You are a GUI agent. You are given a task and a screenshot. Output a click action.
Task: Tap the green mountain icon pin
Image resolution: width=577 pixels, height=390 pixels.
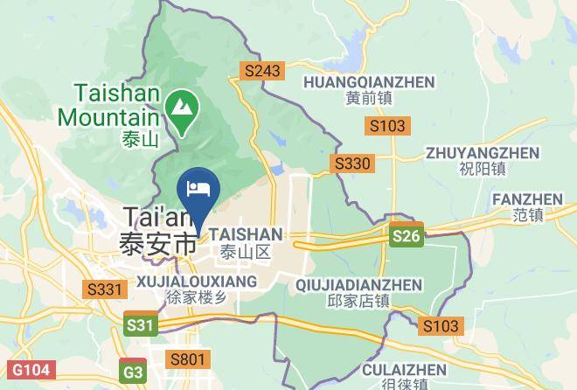pyautogui.click(x=182, y=111)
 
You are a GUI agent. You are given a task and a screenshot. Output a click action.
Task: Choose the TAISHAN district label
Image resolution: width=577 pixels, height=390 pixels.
pyautogui.click(x=247, y=234)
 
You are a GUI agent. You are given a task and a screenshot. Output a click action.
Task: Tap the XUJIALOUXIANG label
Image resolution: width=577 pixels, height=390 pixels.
pyautogui.click(x=198, y=281)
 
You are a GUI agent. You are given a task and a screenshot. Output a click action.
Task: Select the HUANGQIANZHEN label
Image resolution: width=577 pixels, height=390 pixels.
pyautogui.click(x=368, y=81)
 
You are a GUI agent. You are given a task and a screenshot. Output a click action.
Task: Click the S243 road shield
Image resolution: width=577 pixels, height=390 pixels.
pyautogui.click(x=263, y=70)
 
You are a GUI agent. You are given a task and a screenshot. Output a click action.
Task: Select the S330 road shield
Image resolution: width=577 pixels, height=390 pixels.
pyautogui.click(x=352, y=164)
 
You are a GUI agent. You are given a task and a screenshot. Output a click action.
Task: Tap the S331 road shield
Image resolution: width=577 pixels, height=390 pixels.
pyautogui.click(x=103, y=288)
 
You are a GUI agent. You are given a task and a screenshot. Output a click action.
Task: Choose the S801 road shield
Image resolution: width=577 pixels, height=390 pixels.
pyautogui.click(x=189, y=359)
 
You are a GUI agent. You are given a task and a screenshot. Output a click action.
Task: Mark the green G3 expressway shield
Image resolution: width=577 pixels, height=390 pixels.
pyautogui.click(x=133, y=371)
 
